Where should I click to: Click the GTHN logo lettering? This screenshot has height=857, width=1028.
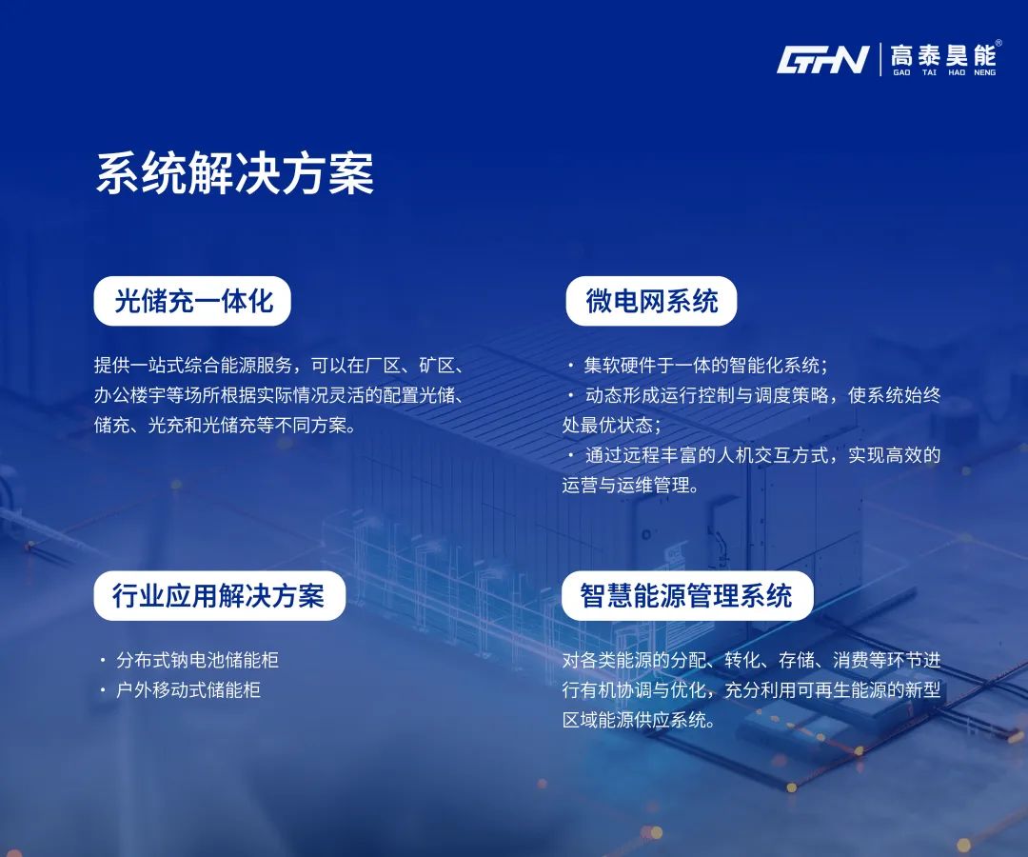point(822,60)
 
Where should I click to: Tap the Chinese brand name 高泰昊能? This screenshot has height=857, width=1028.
point(942,54)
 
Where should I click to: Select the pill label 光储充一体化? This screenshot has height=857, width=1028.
point(193,301)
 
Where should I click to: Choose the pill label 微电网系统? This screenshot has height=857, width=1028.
point(651,301)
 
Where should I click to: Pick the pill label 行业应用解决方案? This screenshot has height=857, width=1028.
point(218,595)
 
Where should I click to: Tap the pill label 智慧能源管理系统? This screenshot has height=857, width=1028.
point(686,595)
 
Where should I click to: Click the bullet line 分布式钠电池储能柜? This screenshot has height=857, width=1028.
point(197,660)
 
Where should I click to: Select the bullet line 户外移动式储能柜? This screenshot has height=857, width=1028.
point(188,689)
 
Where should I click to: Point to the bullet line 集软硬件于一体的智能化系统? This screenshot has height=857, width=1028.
point(705,366)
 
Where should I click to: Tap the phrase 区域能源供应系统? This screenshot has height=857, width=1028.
point(638,719)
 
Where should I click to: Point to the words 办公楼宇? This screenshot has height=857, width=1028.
point(123,395)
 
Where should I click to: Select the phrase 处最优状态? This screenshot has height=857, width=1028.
point(610,425)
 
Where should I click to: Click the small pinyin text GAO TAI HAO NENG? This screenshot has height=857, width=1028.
point(944,72)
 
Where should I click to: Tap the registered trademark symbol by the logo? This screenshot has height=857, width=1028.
point(998,43)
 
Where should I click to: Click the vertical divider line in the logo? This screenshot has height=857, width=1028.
point(880,59)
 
